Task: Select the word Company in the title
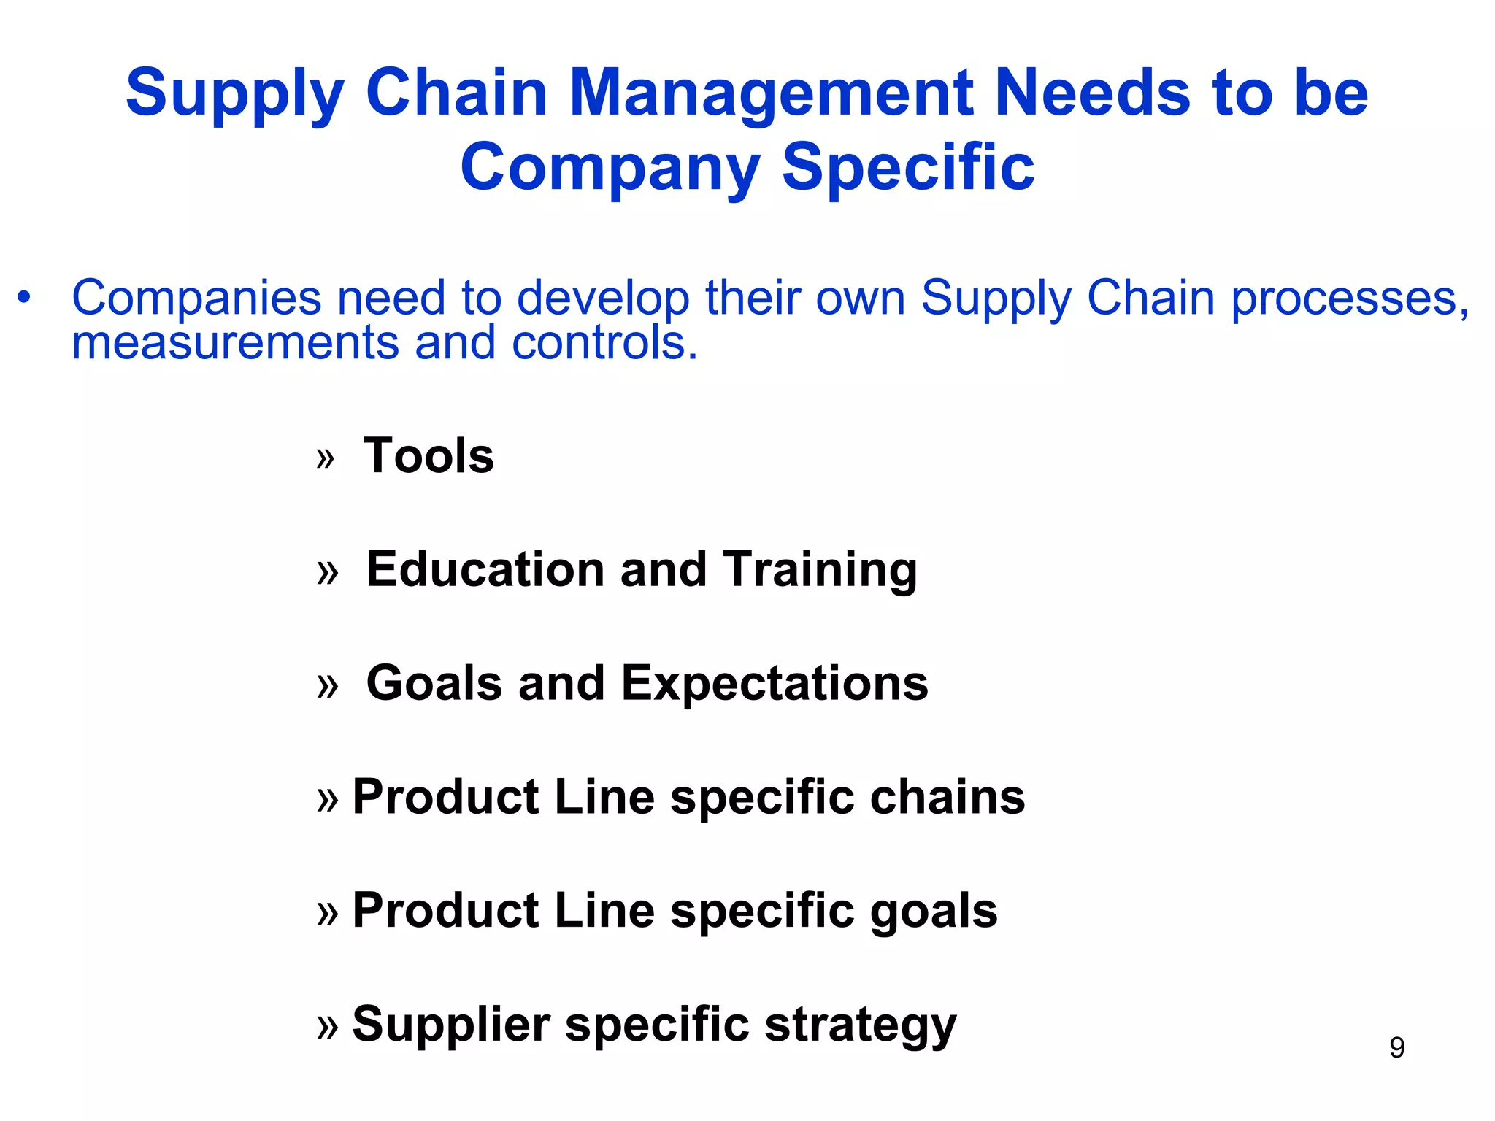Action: coord(610,168)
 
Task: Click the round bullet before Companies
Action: coord(25,298)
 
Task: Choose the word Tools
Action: coord(428,455)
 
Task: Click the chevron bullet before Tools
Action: coord(326,458)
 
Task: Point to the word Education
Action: coord(485,569)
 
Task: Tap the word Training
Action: coord(820,571)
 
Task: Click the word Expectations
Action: coord(775,683)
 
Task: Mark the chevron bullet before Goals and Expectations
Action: coord(328,686)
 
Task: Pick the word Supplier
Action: coord(450,1024)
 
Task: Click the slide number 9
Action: coord(1396,1047)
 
